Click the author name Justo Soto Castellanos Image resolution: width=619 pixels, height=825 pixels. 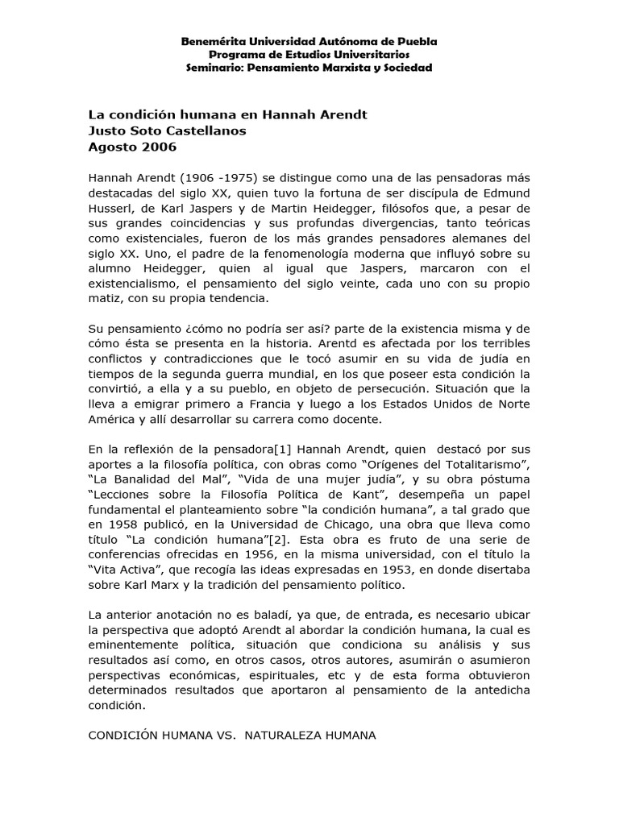[x=167, y=131]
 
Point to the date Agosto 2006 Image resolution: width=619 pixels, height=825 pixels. [x=131, y=147]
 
